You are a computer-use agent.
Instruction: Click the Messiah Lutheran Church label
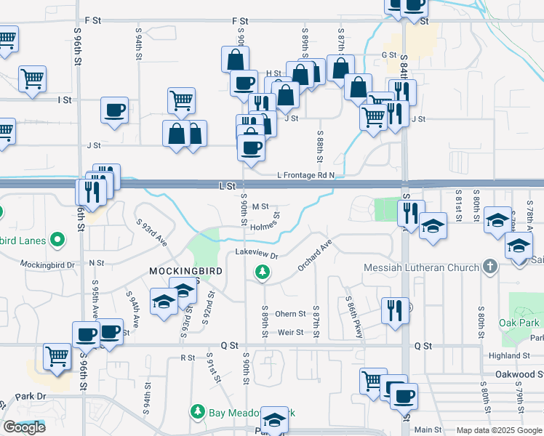coord(422,267)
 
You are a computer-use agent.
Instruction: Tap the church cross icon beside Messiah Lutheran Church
coord(490,267)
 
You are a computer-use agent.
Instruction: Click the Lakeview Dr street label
coord(257,254)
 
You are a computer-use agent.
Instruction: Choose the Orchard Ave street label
coord(314,255)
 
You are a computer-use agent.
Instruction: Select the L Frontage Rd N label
coord(305,175)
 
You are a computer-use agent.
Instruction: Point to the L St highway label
coord(228,186)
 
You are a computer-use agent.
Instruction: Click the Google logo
coord(25,427)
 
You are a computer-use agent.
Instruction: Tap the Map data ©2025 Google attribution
coord(498,430)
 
